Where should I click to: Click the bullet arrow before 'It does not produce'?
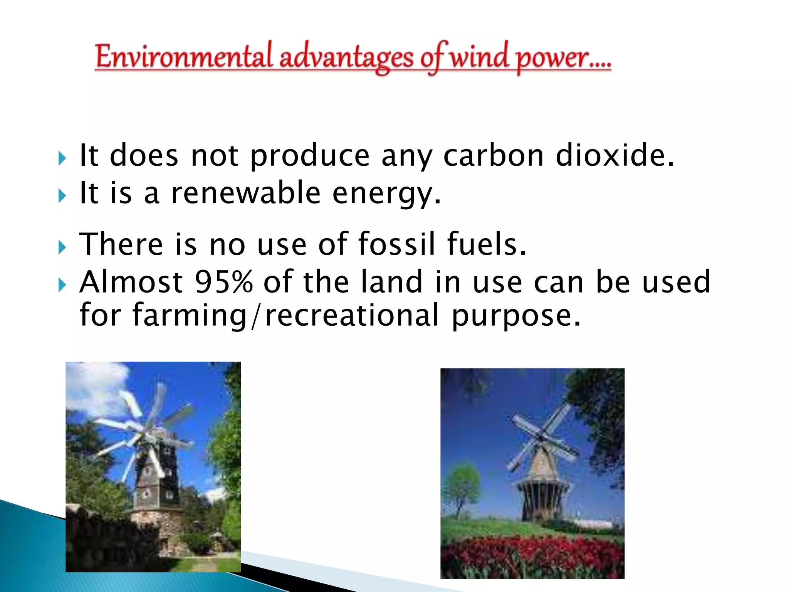coord(62,158)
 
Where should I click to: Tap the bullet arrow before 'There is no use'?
coord(62,247)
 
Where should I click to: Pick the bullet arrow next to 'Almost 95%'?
coord(62,285)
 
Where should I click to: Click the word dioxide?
coord(615,155)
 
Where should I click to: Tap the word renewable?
coord(246,193)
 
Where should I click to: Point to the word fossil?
coord(397,244)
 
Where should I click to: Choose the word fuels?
coord(486,244)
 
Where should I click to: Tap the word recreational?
coord(352,315)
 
